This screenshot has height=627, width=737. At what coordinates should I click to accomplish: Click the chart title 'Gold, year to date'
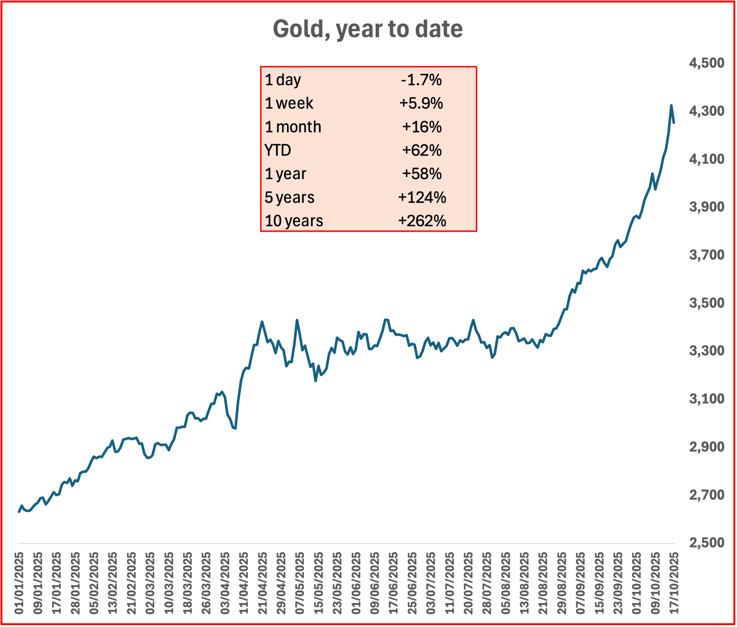pyautogui.click(x=368, y=29)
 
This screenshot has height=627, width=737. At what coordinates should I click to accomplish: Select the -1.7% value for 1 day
pyautogui.click(x=421, y=80)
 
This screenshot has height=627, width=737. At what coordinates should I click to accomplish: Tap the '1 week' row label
pyautogui.click(x=289, y=103)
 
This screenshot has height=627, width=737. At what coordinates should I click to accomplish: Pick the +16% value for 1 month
pyautogui.click(x=422, y=127)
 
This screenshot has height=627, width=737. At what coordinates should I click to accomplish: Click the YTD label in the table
pyautogui.click(x=278, y=150)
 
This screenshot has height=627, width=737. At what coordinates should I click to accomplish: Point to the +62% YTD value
pyautogui.click(x=422, y=150)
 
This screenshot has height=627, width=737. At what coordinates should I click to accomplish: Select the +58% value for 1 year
pyautogui.click(x=422, y=174)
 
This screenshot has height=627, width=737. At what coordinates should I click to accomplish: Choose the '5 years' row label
pyautogui.click(x=289, y=197)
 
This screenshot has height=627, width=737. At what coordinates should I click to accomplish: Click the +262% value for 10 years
pyautogui.click(x=422, y=221)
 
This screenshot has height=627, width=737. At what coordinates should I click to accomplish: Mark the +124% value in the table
pyautogui.click(x=422, y=197)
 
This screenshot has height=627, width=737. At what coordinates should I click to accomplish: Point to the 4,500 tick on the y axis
pyautogui.click(x=707, y=63)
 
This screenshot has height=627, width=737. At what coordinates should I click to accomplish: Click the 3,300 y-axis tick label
pyautogui.click(x=707, y=351)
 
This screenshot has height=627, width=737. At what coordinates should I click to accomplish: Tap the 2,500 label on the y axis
pyautogui.click(x=707, y=543)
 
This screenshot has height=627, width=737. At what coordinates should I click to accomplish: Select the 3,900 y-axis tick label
pyautogui.click(x=707, y=207)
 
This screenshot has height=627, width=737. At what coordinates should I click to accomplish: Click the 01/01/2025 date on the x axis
pyautogui.click(x=19, y=583)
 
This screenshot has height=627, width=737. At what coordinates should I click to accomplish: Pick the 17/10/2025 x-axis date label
pyautogui.click(x=674, y=583)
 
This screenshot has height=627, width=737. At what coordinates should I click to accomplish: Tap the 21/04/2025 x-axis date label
pyautogui.click(x=262, y=583)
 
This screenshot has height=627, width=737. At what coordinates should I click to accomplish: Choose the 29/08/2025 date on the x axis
pyautogui.click(x=561, y=583)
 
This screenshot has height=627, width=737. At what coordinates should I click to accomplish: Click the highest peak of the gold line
pyautogui.click(x=671, y=105)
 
